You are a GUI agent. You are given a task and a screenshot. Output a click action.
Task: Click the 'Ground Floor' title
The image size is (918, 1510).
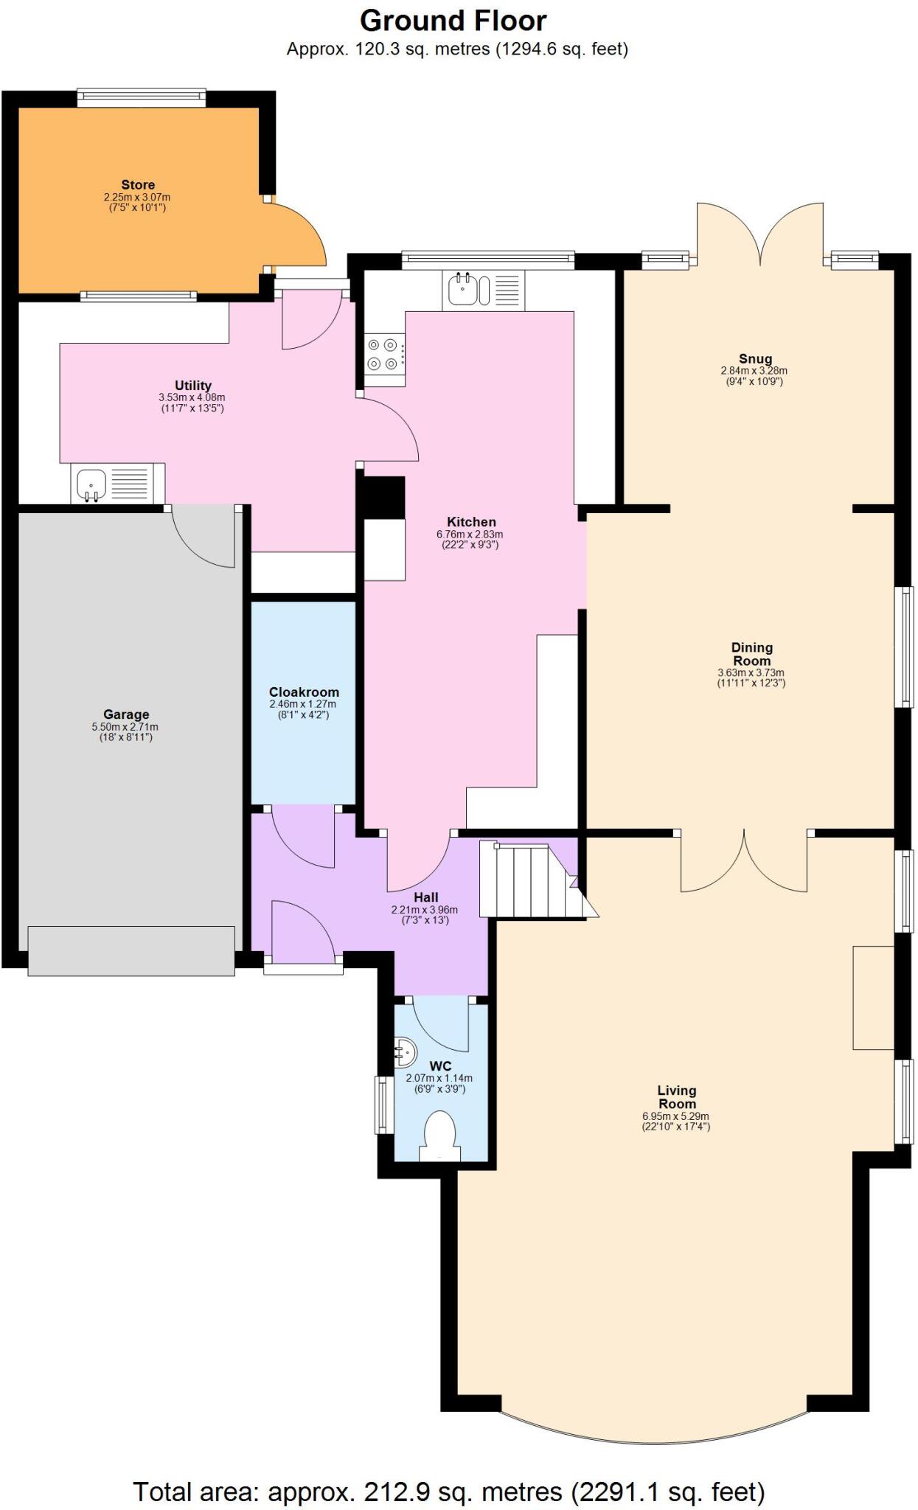pyautogui.click(x=453, y=21)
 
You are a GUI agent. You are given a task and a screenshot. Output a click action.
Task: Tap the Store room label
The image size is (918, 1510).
pyautogui.click(x=138, y=185)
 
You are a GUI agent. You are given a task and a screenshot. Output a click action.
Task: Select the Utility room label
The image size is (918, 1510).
pyautogui.click(x=192, y=385)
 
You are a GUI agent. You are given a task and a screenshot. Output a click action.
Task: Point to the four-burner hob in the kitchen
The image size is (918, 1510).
pyautogui.click(x=384, y=354)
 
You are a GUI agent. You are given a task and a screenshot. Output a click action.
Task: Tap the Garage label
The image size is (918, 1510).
pyautogui.click(x=126, y=714)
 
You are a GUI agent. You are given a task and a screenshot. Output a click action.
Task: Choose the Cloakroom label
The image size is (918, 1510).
pyautogui.click(x=304, y=692)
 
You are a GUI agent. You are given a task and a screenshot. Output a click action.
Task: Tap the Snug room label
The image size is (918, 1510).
pyautogui.click(x=755, y=359)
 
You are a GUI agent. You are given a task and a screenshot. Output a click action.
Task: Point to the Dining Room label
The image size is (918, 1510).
pyautogui.click(x=751, y=654)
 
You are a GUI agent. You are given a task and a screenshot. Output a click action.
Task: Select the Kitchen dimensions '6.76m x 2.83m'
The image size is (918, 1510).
pyautogui.click(x=470, y=535)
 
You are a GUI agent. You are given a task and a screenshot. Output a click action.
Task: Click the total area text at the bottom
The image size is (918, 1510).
pyautogui.click(x=448, y=1471)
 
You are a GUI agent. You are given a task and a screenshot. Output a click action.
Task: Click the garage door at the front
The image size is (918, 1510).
pyautogui.click(x=131, y=951)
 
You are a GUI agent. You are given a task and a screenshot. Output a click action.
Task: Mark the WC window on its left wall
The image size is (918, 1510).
pyautogui.click(x=382, y=1104)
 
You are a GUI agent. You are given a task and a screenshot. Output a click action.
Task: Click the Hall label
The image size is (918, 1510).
pyautogui.click(x=425, y=897)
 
